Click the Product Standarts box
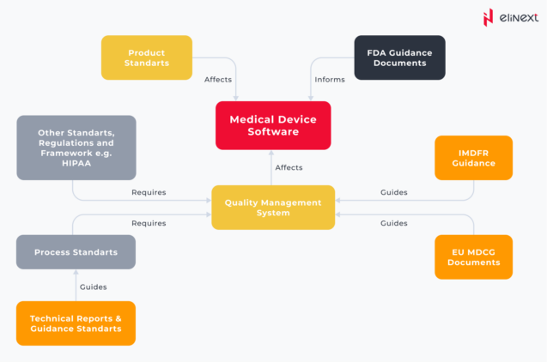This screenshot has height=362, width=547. [x=146, y=57]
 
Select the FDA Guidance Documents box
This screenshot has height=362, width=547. [x=399, y=57]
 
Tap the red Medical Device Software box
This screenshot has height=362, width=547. [x=273, y=126]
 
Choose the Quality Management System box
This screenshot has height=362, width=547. [x=273, y=207]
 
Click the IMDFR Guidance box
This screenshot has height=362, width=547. [x=473, y=158]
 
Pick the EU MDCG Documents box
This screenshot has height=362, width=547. [x=473, y=256]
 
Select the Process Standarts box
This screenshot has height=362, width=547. [x=76, y=252]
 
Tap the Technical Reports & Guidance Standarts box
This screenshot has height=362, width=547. [x=76, y=323]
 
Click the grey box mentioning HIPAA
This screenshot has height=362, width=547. [x=76, y=148]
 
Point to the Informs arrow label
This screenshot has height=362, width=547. [x=330, y=80]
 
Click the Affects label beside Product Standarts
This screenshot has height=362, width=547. [x=218, y=80]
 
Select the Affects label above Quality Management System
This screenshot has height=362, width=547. [x=289, y=167]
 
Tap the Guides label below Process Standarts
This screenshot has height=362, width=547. [x=93, y=287]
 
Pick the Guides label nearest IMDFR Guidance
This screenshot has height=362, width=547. [x=393, y=192]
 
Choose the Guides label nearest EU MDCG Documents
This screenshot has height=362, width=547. [x=393, y=223]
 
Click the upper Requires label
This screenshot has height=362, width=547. [x=149, y=192]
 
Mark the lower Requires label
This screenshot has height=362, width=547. [x=149, y=223]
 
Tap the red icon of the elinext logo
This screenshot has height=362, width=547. [x=488, y=16]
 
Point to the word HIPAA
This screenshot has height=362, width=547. [x=76, y=163]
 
